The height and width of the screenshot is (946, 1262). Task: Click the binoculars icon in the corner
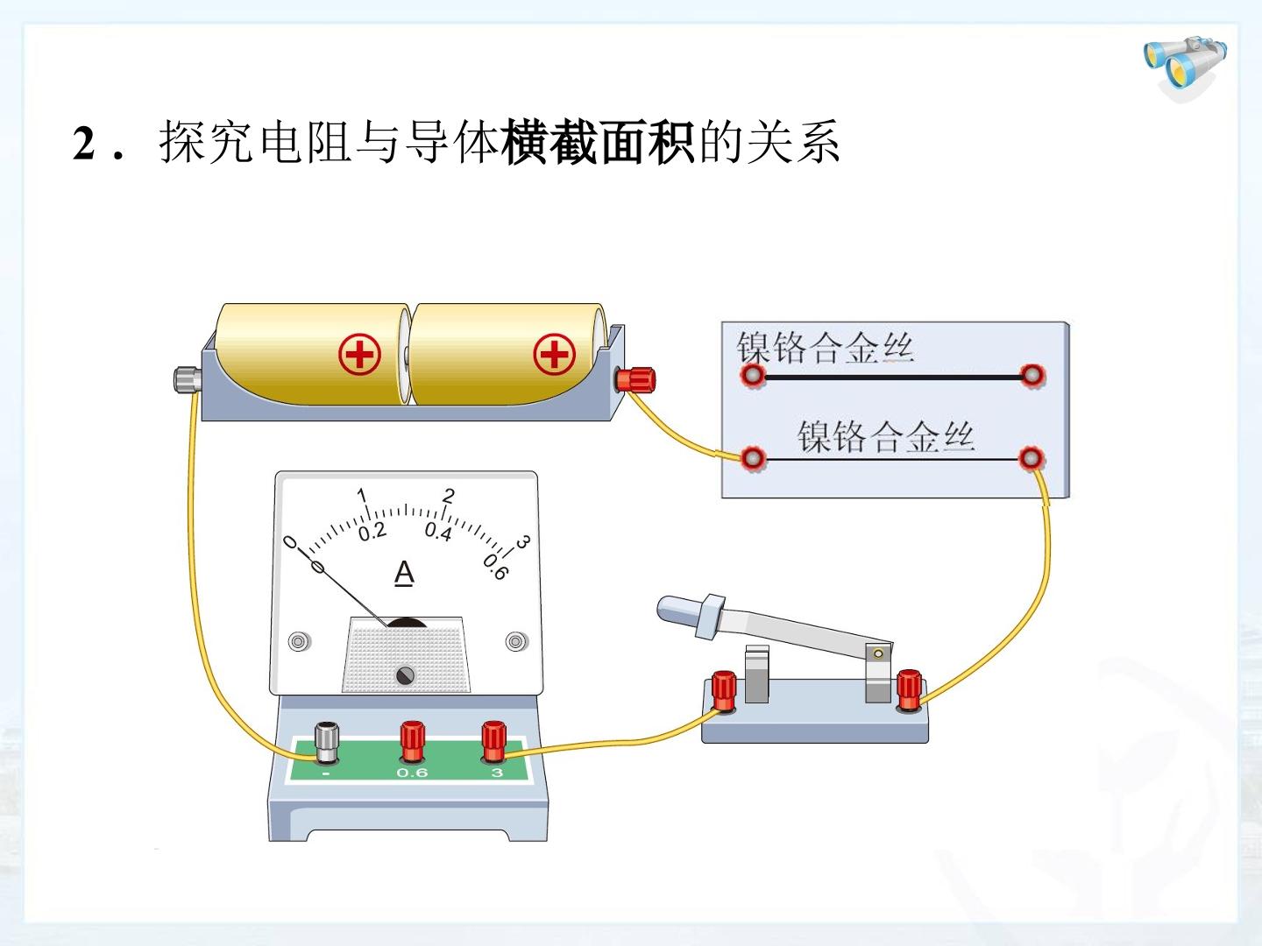coord(1185,67)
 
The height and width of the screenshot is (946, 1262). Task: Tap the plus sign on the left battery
coord(359,355)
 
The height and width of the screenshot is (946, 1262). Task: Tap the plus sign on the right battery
coord(554,354)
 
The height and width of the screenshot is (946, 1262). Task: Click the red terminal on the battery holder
coord(635,379)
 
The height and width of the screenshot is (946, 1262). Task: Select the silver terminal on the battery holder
coord(188,379)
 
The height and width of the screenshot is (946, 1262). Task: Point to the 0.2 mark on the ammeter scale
coord(372,533)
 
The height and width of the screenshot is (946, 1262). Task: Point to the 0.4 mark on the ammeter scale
coord(438,532)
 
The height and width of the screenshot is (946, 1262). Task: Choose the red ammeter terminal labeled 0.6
coord(412,741)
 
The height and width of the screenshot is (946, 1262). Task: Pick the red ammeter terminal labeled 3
coord(493,742)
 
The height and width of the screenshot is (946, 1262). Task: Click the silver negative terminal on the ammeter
coord(327,744)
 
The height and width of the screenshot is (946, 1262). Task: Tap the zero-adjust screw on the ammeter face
coord(406,675)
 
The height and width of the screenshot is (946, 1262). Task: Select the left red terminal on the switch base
coord(723,692)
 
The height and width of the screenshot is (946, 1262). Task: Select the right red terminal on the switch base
coord(909,691)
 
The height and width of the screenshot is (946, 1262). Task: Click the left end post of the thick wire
coord(753,376)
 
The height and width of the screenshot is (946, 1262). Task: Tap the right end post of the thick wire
coord(1032,376)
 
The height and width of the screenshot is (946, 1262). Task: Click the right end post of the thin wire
coord(1031,459)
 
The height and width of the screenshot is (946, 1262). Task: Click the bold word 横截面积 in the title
coord(599,142)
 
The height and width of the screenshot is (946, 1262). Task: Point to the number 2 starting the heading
coord(84,144)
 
